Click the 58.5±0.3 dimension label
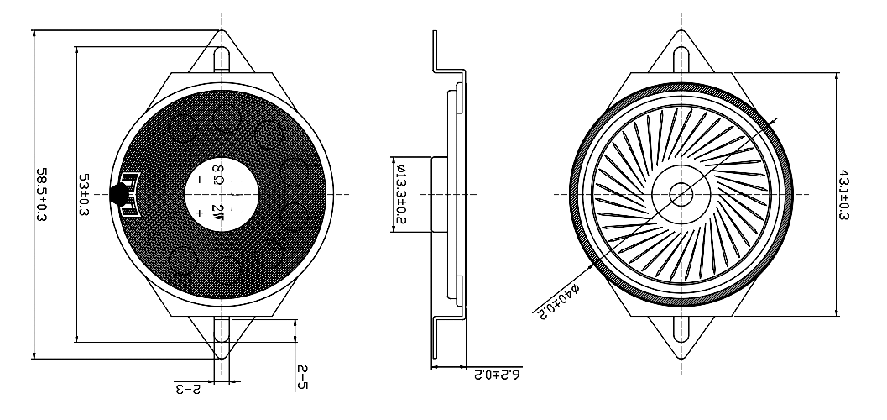tap(41, 194)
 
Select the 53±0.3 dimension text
tap(84, 195)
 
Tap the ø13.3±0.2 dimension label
tap(400, 194)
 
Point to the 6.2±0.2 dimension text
tap(498, 375)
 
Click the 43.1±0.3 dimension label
tap(843, 195)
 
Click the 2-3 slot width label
tap(188, 390)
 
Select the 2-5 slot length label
tap(303, 377)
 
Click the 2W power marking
tap(218, 212)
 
